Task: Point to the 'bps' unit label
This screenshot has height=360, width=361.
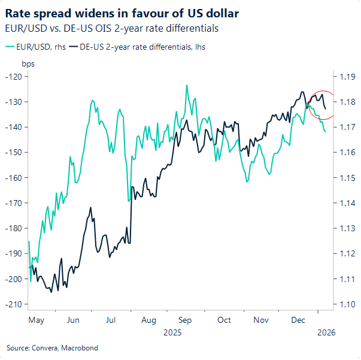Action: tap(28, 63)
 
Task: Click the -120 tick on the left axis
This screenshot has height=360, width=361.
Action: tap(13, 77)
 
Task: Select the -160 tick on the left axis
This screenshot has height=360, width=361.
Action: tap(13, 178)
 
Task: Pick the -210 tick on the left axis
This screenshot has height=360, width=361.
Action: tap(13, 304)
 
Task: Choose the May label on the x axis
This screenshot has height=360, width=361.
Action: tap(36, 320)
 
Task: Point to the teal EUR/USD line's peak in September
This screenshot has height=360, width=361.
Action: tap(187, 86)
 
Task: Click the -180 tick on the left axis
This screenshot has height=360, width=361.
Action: tap(13, 228)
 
